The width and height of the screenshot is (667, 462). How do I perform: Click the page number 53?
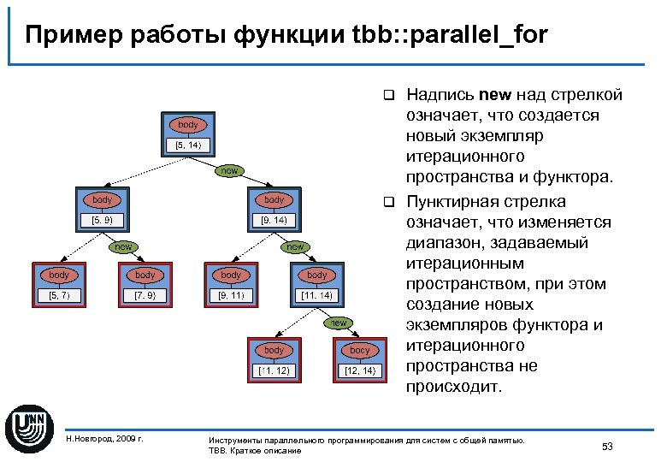(608, 447)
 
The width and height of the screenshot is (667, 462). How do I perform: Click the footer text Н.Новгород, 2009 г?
(104, 439)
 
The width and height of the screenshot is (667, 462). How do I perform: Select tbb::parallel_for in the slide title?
(449, 35)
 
